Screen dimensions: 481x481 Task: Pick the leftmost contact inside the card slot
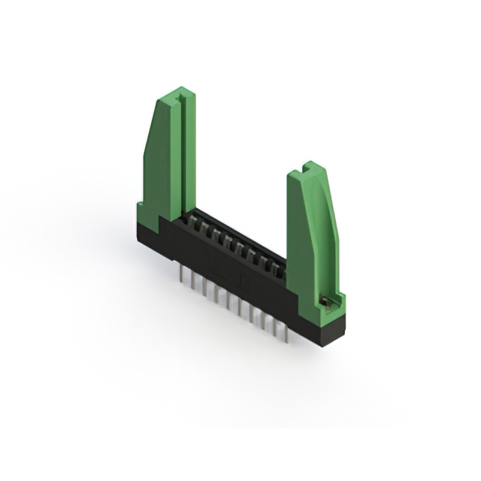click(192, 221)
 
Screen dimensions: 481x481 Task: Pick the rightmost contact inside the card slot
click(280, 268)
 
